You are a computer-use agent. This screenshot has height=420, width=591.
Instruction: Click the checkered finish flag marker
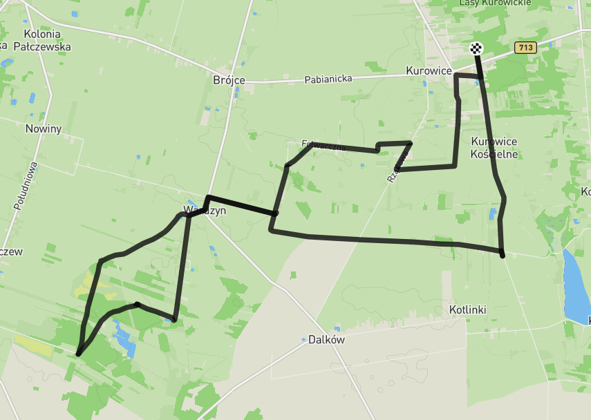tap(476, 48)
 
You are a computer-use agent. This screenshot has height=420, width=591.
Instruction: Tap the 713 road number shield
tap(525, 48)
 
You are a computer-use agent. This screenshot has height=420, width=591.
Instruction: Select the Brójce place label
tap(229, 80)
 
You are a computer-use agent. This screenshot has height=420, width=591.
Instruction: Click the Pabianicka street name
tap(328, 79)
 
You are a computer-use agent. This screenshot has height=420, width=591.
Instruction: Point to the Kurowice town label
tap(429, 71)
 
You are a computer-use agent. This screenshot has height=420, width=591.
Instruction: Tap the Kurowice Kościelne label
tap(494, 148)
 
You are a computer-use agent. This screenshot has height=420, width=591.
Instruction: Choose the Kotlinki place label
tap(467, 310)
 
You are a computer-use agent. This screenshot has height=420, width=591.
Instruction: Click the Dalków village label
tap(326, 340)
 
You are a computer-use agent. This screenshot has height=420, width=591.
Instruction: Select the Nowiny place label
tap(44, 128)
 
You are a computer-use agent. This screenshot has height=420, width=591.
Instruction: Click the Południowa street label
tap(26, 186)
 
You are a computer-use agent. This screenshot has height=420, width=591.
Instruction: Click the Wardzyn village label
tap(205, 211)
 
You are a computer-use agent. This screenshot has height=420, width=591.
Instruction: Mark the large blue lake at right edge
tap(575, 287)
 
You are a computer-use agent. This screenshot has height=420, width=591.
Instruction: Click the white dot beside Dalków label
tap(303, 340)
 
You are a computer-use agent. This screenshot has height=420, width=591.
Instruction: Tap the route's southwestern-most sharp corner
tap(78, 354)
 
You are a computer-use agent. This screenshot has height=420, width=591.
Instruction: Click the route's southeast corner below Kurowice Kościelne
tap(503, 255)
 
